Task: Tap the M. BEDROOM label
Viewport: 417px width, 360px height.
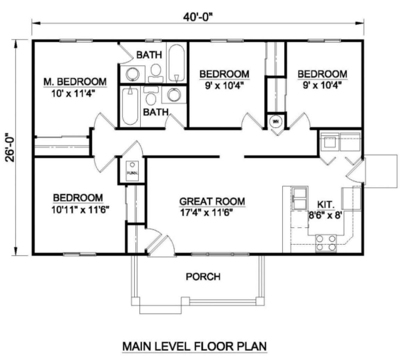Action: [75, 82]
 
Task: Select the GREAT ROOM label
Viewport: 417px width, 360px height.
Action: [212, 201]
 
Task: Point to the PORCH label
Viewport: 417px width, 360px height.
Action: [203, 277]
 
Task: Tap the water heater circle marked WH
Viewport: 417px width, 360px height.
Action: [276, 122]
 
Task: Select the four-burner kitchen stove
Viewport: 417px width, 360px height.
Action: [326, 243]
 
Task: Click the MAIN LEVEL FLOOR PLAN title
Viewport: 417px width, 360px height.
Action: [194, 346]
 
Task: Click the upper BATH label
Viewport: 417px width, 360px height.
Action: [149, 55]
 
